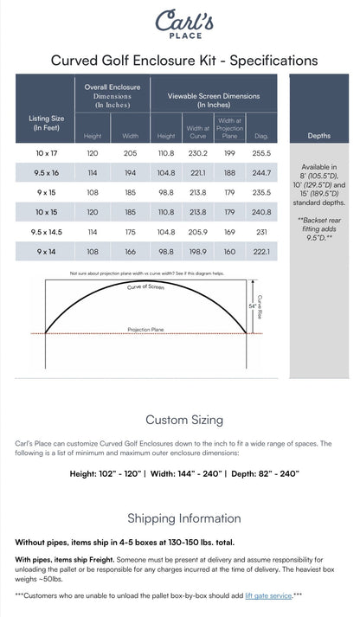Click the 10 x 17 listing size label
46,152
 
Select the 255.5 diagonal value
260,152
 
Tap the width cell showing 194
131,172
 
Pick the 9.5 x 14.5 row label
46,232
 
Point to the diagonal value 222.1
260,252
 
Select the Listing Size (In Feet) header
46,123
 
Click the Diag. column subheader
260,135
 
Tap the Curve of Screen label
145,286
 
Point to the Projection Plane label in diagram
145,330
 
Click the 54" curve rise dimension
254,305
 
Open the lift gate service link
267,596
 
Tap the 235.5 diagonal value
260,192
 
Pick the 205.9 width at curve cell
197,232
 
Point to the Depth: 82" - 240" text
263,473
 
